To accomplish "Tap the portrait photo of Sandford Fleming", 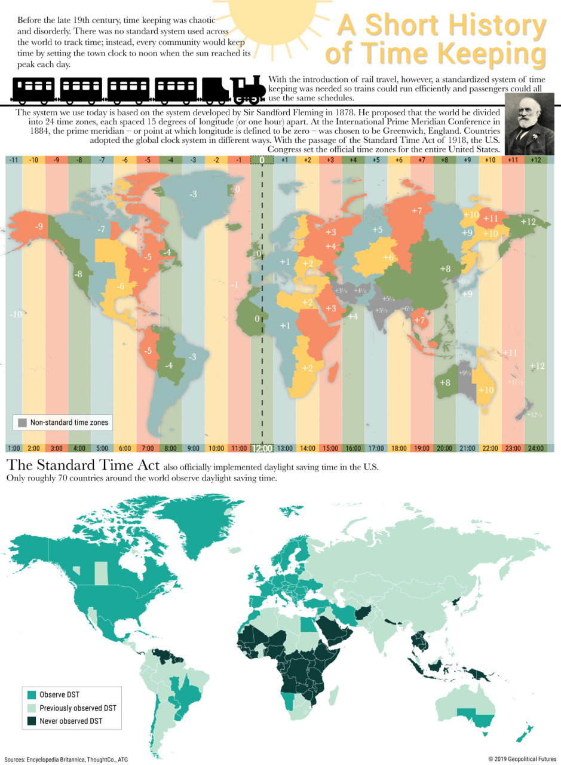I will [x=530, y=125].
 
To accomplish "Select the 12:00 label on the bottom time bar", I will [x=262, y=448].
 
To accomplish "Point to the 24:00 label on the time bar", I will [x=535, y=448].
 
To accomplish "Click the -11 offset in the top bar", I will [x=13, y=160].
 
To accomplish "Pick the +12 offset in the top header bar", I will [x=535, y=160].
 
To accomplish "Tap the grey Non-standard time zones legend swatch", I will [x=22, y=423].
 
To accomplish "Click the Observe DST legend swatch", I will [x=31, y=694].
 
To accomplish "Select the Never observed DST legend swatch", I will [x=31, y=721].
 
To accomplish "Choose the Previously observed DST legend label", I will [x=78, y=708].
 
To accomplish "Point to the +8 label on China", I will [x=444, y=269].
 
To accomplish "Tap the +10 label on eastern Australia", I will [x=486, y=390].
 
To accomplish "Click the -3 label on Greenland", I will [x=193, y=194].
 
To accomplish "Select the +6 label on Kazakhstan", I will [x=388, y=257].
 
